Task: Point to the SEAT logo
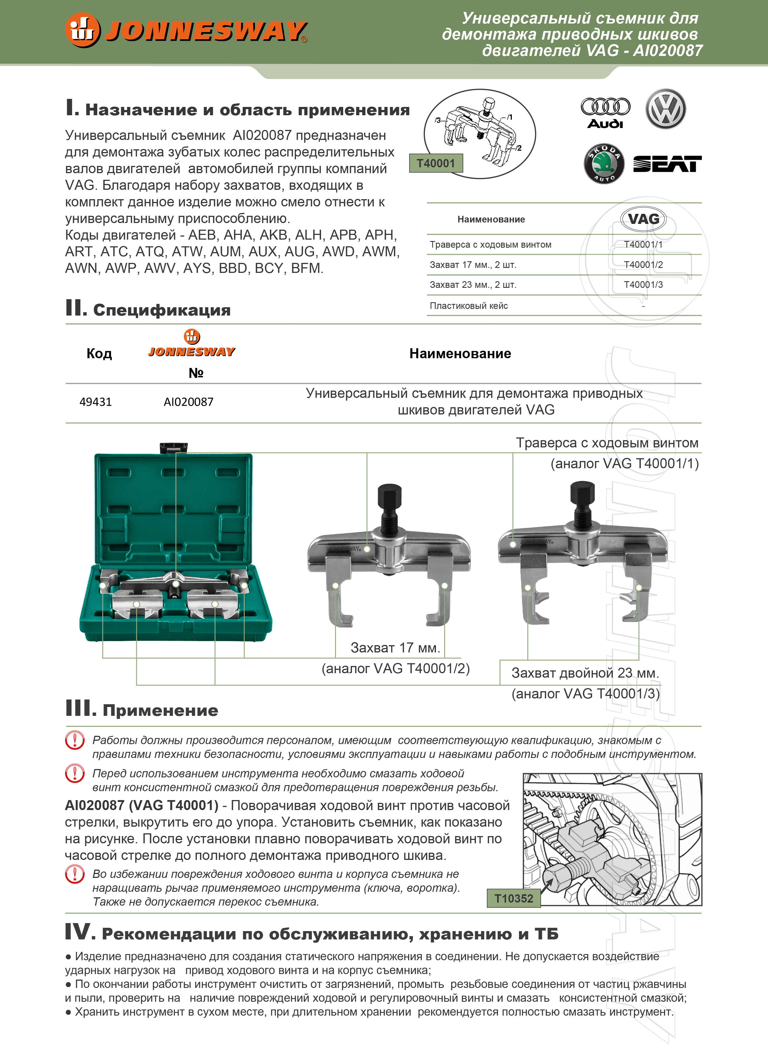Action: coord(667,164)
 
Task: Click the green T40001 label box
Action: coord(436,163)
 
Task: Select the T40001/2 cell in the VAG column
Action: coord(643,265)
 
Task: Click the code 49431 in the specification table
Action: coord(96,402)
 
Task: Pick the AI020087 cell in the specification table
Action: coord(188,402)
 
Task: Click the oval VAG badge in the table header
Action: coord(643,219)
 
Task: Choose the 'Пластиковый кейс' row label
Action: coord(469,306)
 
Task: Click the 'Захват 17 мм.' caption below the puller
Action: coord(395,648)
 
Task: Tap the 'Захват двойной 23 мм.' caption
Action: coord(585,673)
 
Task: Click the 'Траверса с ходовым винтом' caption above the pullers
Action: coord(607,443)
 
